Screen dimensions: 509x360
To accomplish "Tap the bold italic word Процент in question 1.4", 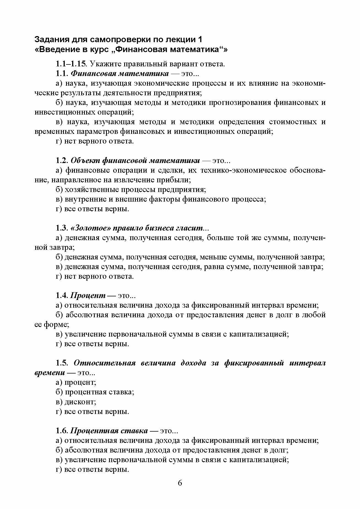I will coord(88,296).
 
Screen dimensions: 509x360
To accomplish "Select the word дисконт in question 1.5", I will coord(80,402).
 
